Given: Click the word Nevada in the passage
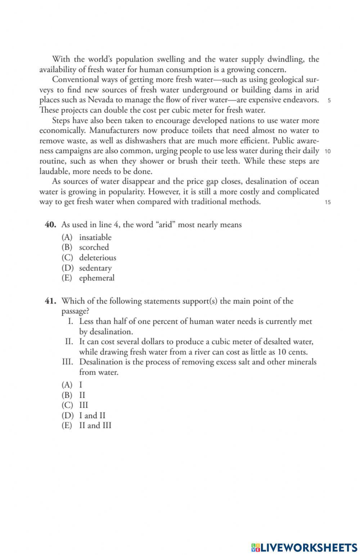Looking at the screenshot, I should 100,100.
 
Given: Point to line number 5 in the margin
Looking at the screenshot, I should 329,100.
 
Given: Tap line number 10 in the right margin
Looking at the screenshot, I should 328,151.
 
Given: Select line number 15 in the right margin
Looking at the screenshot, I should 328,202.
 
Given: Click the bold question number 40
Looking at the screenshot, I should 50,225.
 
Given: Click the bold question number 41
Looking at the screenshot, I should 50,301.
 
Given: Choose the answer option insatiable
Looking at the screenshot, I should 95,237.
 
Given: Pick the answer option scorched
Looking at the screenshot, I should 94,247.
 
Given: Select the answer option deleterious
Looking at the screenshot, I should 98,258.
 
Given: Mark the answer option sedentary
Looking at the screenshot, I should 95,268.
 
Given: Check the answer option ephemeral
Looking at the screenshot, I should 96,278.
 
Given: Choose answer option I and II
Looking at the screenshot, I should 92,416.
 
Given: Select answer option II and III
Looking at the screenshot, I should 95,426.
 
